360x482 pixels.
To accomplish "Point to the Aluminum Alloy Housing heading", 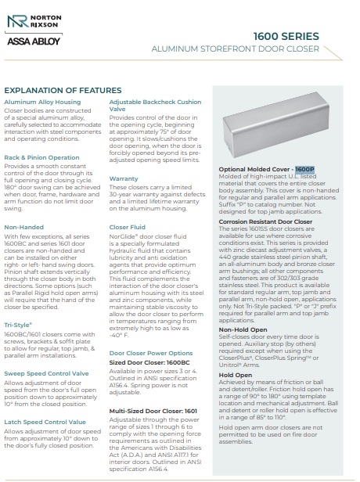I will click(x=42, y=102).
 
